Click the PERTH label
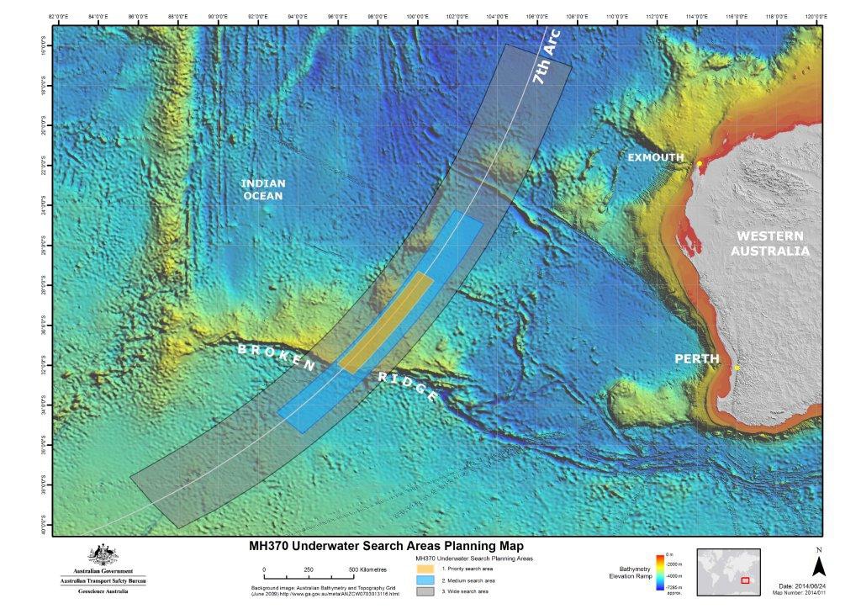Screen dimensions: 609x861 pos(698,359)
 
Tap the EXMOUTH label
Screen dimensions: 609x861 pos(655,157)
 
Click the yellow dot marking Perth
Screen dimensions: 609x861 pos(737,368)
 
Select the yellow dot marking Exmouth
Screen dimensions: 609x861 pos(699,163)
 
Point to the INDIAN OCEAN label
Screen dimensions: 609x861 pos(263,189)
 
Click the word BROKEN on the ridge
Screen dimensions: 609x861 pos(277,357)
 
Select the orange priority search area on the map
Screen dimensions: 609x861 pos(387,322)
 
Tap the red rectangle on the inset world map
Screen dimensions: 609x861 pos(743,580)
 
